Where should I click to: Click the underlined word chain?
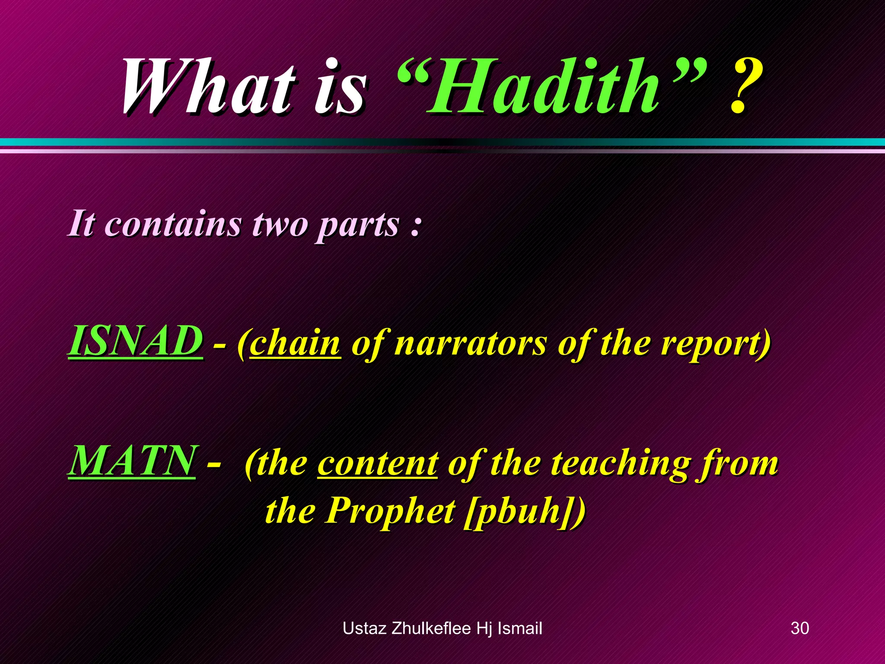tap(295, 344)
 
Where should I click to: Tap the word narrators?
tap(471, 344)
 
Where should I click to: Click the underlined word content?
tap(377, 463)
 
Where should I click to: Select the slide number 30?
tap(799, 628)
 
